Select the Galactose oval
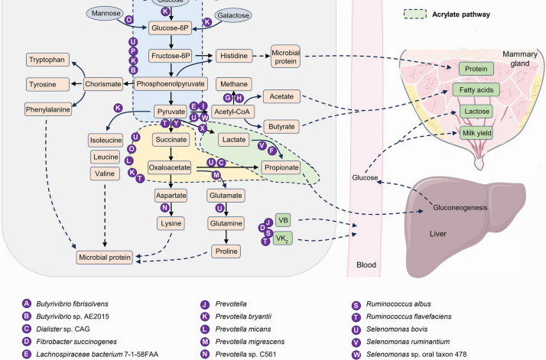pyautogui.click(x=232, y=15)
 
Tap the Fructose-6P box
pyautogui.click(x=171, y=56)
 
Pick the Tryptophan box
pyautogui.click(x=47, y=60)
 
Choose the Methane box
pyautogui.click(x=233, y=83)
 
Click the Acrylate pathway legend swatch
pyautogui.click(x=416, y=14)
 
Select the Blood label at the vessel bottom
pyautogui.click(x=368, y=266)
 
